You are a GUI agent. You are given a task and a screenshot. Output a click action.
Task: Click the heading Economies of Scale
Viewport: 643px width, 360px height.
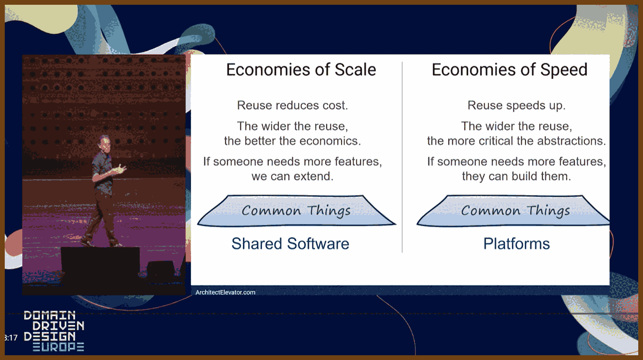click(301, 70)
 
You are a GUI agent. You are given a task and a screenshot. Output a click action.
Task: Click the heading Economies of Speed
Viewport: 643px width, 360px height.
click(509, 70)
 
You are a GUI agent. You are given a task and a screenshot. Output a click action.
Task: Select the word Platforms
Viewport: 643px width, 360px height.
click(517, 243)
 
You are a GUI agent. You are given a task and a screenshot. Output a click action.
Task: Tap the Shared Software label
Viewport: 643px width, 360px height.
click(290, 243)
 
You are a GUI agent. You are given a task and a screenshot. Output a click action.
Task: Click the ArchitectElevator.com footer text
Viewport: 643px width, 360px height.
click(225, 292)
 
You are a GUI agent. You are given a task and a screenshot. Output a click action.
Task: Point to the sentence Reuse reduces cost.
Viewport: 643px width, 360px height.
click(292, 105)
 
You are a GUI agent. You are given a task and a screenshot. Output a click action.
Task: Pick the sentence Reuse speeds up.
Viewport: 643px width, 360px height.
click(517, 105)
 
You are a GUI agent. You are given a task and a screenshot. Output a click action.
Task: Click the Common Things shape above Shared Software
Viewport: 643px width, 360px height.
click(297, 211)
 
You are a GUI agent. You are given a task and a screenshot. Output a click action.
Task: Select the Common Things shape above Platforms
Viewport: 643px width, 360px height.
click(513, 211)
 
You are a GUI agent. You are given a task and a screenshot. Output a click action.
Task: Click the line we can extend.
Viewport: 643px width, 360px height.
click(292, 176)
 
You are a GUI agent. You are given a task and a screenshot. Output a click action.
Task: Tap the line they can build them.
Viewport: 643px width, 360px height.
click(517, 176)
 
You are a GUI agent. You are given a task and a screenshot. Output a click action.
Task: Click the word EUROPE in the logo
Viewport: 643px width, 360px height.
click(58, 347)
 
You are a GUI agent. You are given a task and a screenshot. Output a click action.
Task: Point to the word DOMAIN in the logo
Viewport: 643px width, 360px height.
click(49, 315)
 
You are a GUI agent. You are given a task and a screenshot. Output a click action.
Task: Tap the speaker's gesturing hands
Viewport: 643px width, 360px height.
click(120, 169)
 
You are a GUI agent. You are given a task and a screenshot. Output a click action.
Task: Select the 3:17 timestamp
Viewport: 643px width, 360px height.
click(11, 338)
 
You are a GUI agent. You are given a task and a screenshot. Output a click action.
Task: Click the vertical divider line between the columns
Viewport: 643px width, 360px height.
click(402, 157)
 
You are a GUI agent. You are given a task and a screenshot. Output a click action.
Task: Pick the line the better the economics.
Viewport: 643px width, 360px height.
click(292, 141)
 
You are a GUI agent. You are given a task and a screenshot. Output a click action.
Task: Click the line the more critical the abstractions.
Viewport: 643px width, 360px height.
click(517, 141)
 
